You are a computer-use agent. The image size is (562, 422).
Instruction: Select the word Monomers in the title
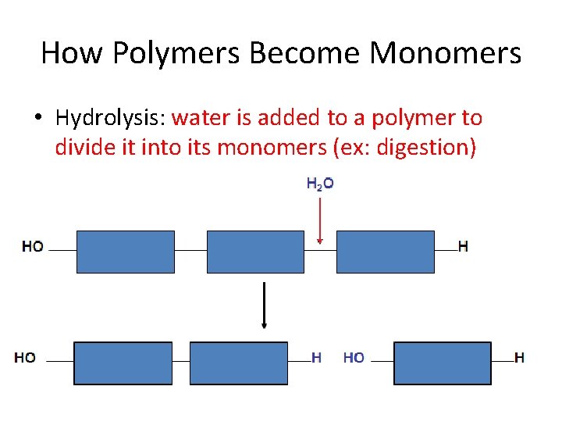click(x=445, y=53)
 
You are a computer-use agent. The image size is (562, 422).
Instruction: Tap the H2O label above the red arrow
click(x=320, y=184)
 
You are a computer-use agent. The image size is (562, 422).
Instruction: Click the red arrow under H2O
click(x=320, y=221)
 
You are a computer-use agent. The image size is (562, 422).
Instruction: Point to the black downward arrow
click(x=265, y=305)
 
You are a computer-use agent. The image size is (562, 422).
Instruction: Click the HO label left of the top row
click(x=33, y=246)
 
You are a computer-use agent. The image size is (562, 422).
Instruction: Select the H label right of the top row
click(x=463, y=246)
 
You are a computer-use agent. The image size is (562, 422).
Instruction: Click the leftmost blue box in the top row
click(x=125, y=252)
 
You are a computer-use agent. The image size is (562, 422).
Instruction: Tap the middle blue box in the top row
click(x=254, y=252)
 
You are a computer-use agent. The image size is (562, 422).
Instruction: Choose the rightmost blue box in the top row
click(x=385, y=252)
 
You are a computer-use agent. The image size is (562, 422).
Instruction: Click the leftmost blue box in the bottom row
click(x=123, y=363)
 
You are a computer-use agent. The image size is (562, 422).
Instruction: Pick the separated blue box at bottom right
click(x=443, y=363)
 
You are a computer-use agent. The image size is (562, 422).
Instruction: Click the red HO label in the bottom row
click(x=354, y=358)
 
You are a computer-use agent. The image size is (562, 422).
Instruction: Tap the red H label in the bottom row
click(x=316, y=358)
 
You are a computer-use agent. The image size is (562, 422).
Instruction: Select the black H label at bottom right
click(x=519, y=358)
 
